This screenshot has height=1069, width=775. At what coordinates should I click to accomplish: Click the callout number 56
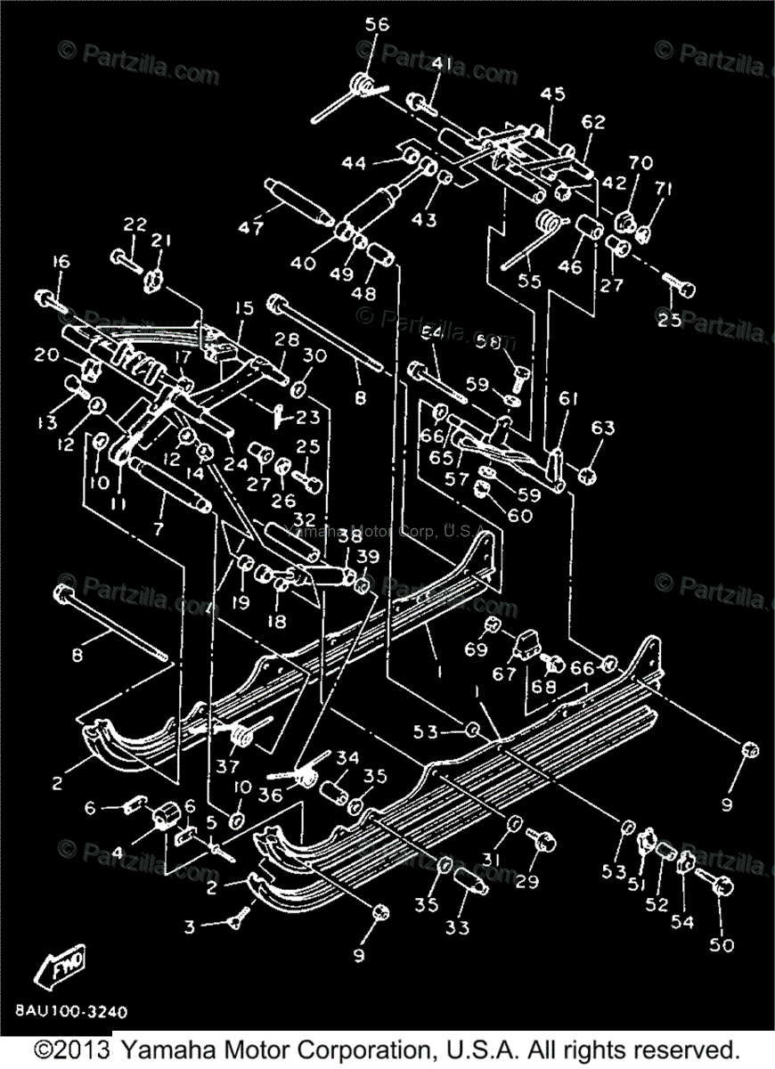pos(377,25)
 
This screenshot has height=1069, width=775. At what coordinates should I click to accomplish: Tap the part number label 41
pos(442,64)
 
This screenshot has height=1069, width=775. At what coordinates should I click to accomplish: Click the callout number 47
pos(250,228)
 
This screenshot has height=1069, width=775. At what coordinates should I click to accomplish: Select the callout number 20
pos(46,355)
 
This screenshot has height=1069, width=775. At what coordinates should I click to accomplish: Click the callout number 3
pos(189,927)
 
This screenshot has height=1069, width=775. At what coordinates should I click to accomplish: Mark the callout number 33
pos(457,926)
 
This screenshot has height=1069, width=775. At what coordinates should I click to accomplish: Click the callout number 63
pos(602,428)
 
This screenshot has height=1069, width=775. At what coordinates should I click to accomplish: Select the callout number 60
pos(520,515)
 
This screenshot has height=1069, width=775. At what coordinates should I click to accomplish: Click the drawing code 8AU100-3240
pos(70,1012)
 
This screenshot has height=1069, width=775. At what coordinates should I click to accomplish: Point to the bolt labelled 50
pos(718,885)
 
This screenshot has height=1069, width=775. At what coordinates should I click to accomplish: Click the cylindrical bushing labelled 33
pos(470,882)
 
